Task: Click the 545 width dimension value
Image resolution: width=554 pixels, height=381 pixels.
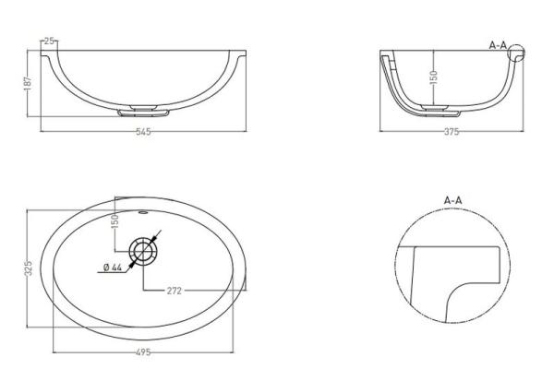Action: (x=142, y=132)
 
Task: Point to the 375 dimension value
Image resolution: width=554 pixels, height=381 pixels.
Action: (x=451, y=132)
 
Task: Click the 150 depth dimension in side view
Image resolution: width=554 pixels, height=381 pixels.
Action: (x=432, y=78)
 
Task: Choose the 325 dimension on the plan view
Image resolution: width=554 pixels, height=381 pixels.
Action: (x=29, y=268)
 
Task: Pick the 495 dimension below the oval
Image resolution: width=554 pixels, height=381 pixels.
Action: (x=142, y=351)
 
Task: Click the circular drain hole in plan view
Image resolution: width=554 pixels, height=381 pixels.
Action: (x=144, y=250)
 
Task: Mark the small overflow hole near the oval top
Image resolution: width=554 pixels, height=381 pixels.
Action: (x=144, y=212)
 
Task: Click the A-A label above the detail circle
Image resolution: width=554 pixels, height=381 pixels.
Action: (x=452, y=199)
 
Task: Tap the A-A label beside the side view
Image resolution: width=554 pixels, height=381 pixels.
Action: (x=499, y=43)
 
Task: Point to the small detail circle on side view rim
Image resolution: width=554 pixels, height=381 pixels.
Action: (x=515, y=54)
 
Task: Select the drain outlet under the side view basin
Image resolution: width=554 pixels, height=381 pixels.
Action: (x=435, y=109)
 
